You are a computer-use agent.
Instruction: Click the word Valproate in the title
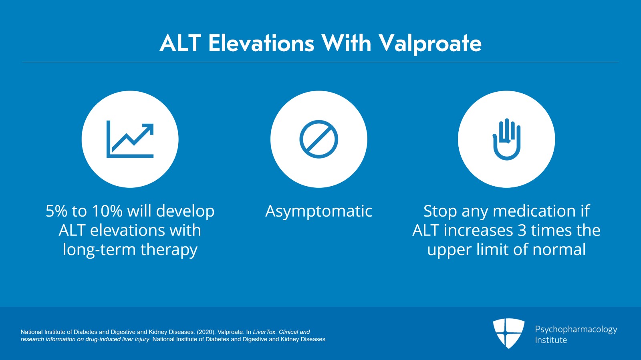[x=430, y=44]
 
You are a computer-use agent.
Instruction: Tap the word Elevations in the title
[x=261, y=44]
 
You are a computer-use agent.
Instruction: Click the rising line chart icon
[x=130, y=139]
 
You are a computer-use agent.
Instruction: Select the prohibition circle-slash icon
[x=319, y=139]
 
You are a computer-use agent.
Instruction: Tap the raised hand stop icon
[x=506, y=139]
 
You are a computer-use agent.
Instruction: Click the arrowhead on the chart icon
[x=148, y=129]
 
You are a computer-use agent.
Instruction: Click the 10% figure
[x=107, y=211]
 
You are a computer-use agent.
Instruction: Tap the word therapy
[x=169, y=250]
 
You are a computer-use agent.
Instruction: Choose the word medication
[x=534, y=211]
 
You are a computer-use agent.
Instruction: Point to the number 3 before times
[x=522, y=231]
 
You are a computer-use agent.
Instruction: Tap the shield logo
[x=508, y=334]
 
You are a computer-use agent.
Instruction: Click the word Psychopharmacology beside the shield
[x=576, y=330]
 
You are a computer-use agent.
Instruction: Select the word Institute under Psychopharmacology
[x=551, y=340]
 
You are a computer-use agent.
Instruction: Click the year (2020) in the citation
[x=206, y=332]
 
